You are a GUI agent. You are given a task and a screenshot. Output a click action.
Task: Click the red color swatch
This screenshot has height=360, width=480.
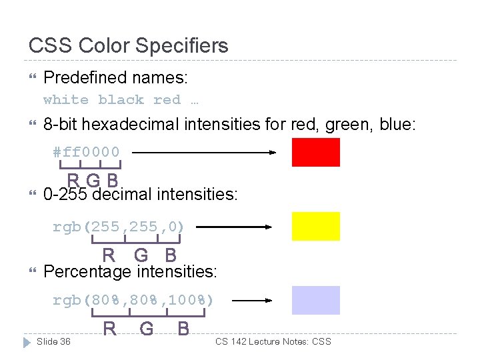pos(315,152)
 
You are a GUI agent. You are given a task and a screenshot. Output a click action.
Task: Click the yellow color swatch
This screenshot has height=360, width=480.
pos(315,226)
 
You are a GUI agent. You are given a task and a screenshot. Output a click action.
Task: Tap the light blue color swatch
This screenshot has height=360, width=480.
pos(315,300)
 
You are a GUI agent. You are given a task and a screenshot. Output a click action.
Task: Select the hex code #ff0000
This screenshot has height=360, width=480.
pos(87,152)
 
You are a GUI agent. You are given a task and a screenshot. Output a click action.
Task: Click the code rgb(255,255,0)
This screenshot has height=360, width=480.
pos(118,227)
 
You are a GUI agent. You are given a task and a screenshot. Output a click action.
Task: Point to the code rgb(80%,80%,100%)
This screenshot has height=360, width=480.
pos(133,300)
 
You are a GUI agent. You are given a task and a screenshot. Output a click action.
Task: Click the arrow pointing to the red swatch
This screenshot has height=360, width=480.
pos(204,152)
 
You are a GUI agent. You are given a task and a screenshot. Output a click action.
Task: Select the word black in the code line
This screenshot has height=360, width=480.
pos(121,100)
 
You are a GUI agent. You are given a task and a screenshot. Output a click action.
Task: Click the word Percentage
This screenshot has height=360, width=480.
pos(87,272)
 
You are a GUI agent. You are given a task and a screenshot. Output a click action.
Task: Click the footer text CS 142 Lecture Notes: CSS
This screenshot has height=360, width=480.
pos(273,341)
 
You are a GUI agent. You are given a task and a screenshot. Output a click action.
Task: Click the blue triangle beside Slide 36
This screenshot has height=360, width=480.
pos(27,342)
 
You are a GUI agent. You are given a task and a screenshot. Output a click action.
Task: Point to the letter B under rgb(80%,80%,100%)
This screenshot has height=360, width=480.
pos(183,329)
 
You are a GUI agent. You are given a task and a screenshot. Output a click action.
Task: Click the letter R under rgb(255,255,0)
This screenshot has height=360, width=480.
pos(108,255)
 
